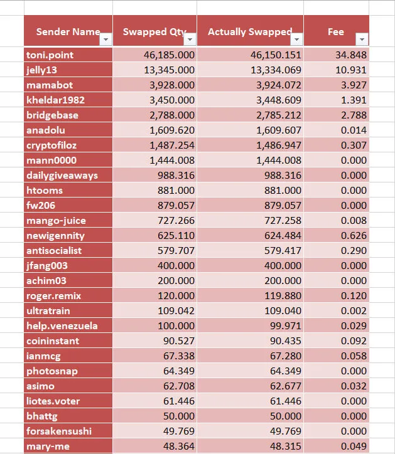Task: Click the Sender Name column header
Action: click(68, 31)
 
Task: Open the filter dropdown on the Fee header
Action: click(362, 39)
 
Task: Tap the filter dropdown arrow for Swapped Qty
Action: click(190, 39)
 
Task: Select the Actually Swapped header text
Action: click(250, 31)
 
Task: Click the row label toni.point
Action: click(50, 55)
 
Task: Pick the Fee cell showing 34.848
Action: click(351, 55)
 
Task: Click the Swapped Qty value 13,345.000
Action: click(169, 70)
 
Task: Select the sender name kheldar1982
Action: click(55, 100)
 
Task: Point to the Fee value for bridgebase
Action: click(354, 115)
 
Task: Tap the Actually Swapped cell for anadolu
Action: click(279, 130)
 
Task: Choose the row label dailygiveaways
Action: click(62, 176)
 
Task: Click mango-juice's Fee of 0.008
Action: click(354, 220)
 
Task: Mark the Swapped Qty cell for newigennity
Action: click(176, 235)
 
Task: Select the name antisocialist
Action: click(54, 250)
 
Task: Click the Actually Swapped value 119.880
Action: click(283, 295)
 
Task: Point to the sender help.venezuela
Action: click(62, 325)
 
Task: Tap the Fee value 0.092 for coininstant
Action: click(354, 340)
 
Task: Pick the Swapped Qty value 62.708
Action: click(179, 386)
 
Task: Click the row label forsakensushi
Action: click(59, 431)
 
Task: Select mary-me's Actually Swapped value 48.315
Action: click(286, 446)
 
